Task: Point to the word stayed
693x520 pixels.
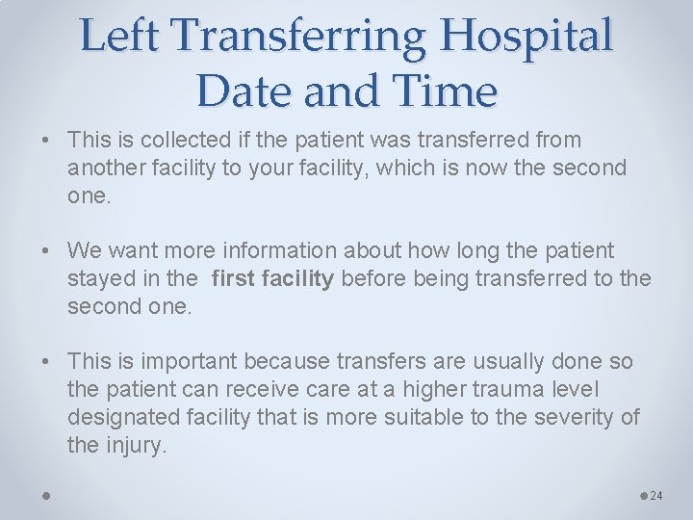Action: coord(99,279)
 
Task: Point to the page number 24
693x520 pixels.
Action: coord(656,496)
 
